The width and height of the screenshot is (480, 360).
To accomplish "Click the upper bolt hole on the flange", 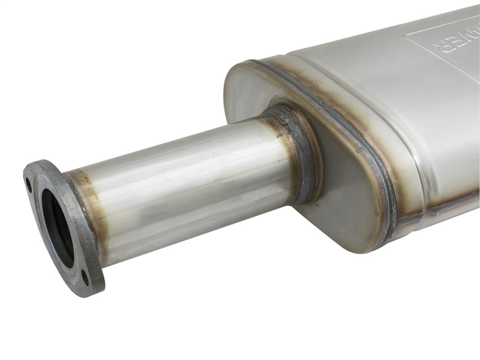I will click(28, 182).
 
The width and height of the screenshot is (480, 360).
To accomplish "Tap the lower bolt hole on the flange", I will click(85, 277).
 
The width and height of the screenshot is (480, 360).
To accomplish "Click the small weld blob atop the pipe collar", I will click(283, 118).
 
